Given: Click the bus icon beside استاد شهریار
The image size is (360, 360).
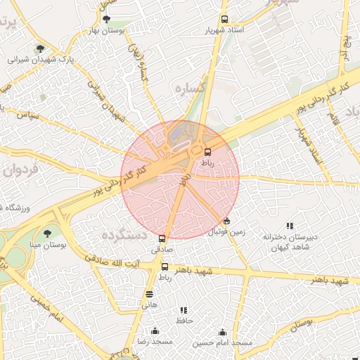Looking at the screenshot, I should pyautogui.click(x=224, y=20).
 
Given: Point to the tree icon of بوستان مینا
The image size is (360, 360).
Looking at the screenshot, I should pyautogui.click(x=47, y=233).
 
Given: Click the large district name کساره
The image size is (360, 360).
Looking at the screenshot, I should pyautogui.click(x=188, y=89).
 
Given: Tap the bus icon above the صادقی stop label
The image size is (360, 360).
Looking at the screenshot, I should pyautogui.click(x=162, y=239).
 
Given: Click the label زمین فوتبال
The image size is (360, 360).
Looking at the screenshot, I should pyautogui.click(x=226, y=231).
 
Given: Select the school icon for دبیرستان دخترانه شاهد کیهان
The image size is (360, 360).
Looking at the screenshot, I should pyautogui.click(x=290, y=226).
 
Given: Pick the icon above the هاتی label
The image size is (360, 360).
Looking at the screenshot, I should pyautogui.click(x=149, y=294).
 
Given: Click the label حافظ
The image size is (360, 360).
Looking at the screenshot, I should pyautogui.click(x=184, y=320).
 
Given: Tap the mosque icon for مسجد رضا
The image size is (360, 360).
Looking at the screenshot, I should pyautogui.click(x=155, y=331).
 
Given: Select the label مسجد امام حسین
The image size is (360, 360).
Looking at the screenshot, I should pyautogui.click(x=223, y=342).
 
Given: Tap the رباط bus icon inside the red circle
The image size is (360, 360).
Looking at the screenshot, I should pyautogui.click(x=207, y=151).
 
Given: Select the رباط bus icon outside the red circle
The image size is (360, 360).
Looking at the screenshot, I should pyautogui.click(x=165, y=267).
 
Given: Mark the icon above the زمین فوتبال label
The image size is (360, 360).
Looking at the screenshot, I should pyautogui.click(x=226, y=221).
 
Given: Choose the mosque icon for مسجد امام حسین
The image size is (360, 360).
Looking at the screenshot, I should pyautogui.click(x=223, y=332).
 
